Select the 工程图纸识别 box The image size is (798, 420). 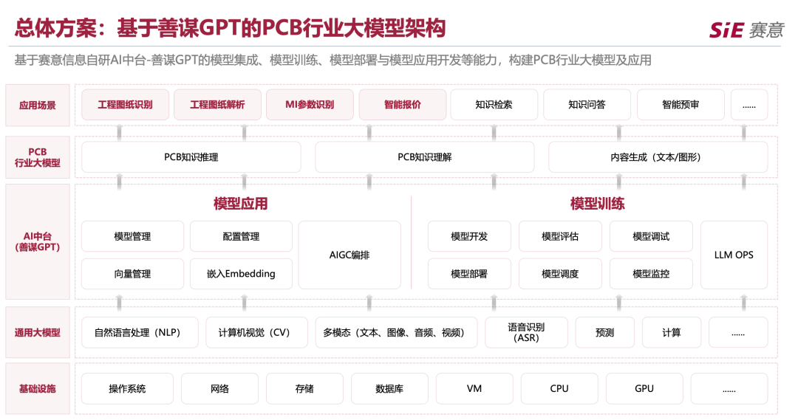point(125,105)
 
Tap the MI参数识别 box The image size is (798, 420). point(310,105)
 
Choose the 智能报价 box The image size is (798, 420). point(403,105)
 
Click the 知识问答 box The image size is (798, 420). point(587,105)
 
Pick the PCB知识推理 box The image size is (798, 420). point(191,157)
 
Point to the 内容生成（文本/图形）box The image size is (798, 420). point(658,157)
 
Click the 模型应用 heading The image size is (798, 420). point(240,204)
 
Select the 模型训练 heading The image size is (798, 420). point(597,204)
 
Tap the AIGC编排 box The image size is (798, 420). point(349,255)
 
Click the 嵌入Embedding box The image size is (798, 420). point(241,274)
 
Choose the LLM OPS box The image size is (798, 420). point(734,255)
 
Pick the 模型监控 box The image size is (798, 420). point(651,274)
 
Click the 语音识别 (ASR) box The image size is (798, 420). point(526,332)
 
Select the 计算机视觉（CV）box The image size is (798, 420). point(254,332)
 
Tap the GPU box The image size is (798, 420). point(644,388)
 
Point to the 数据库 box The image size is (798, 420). point(389,388)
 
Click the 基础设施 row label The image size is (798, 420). point(38,388)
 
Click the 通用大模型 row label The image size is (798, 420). point(38,332)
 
